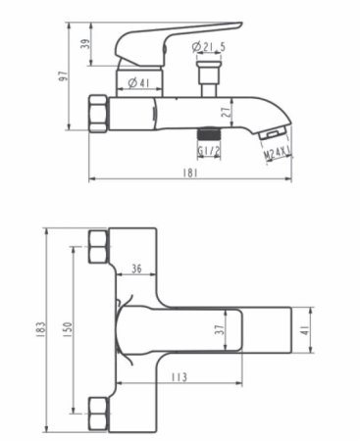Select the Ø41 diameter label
[139, 82]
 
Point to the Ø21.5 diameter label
[209, 46]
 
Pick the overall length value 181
[189, 172]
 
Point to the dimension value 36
[136, 268]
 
